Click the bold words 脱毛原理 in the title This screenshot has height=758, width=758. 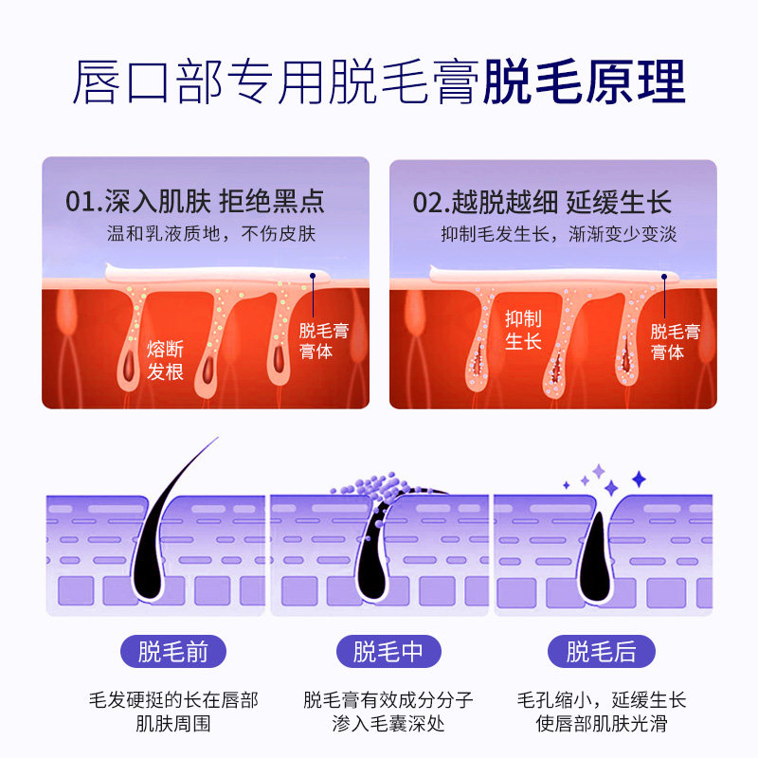coord(584,83)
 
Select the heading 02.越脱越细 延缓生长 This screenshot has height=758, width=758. coord(542,202)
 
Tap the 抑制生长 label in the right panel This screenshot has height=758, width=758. coord(523,330)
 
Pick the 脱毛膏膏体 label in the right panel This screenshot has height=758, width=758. coord(675,341)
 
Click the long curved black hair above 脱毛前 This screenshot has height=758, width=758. coord(171,512)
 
